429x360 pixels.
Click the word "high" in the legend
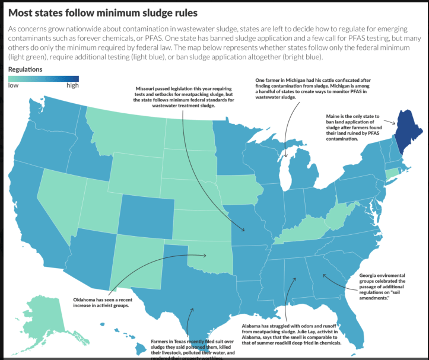coord(72,85)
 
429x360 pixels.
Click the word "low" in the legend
coord(12,85)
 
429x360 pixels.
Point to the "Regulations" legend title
coord(26,69)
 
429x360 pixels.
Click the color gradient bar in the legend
coord(43,78)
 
